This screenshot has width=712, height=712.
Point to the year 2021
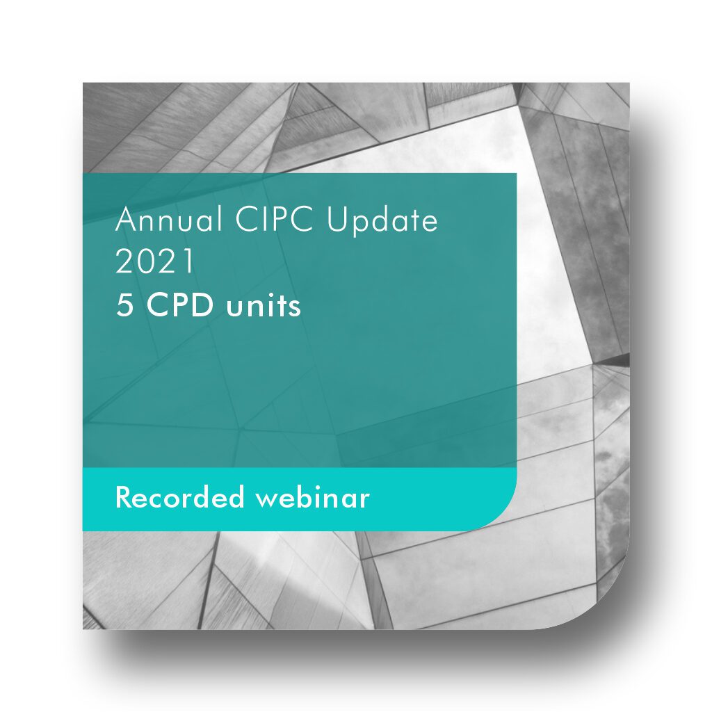coord(155,261)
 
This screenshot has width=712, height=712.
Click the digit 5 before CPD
coord(124,305)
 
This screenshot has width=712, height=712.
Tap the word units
coord(264,306)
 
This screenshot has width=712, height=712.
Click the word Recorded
coord(180,496)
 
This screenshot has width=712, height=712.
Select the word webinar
coord(313,496)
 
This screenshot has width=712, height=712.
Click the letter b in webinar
coord(304,496)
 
